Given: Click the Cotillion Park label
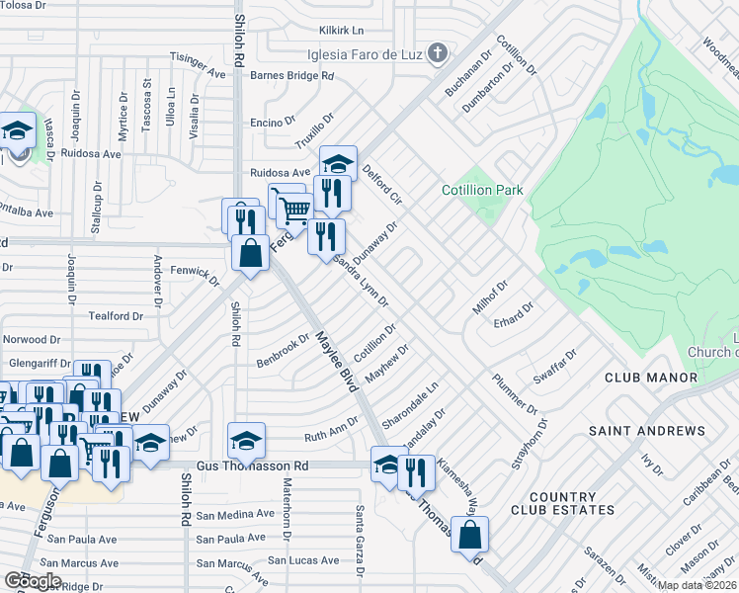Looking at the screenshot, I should tap(482, 190).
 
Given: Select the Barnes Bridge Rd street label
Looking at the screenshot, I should tap(291, 75).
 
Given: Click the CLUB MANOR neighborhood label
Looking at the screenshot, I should tap(650, 378).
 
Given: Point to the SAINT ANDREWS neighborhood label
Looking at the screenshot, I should tap(647, 431).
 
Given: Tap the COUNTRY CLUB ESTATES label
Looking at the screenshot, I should tap(562, 503).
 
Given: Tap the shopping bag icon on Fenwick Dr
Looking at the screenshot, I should tap(250, 252).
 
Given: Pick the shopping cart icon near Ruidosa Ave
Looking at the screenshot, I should tap(293, 209).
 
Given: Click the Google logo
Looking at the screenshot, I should tap(32, 581).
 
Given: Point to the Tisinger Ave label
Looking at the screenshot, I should tap(199, 64).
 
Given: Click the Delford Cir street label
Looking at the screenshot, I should tap(383, 183).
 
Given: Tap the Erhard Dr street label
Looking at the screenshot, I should tap(514, 312).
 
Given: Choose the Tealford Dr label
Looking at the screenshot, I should tap(117, 316).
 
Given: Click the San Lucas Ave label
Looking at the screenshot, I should tap(304, 560).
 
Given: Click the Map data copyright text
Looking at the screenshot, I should tap(698, 585).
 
